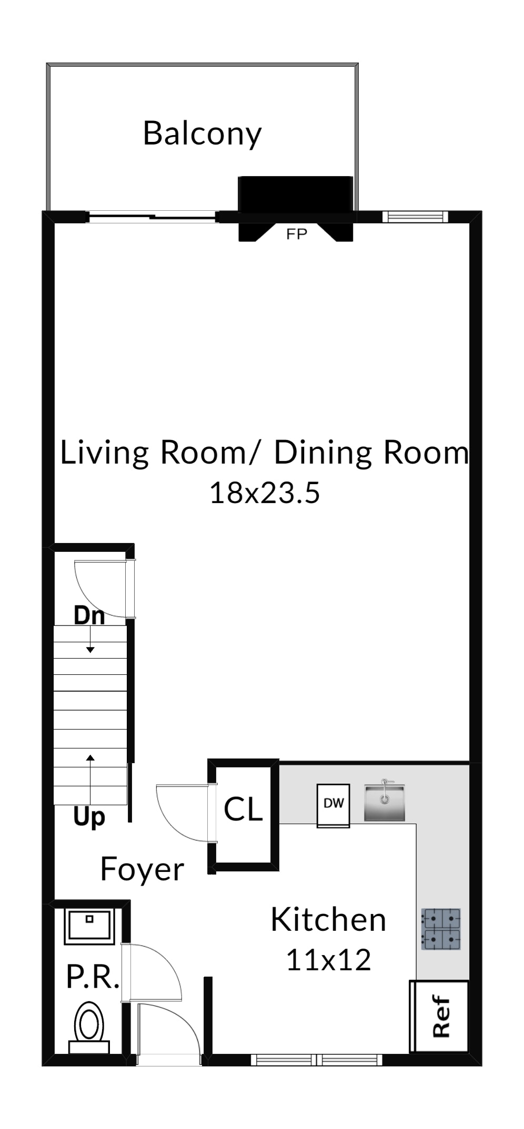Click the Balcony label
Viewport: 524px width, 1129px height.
pos(202,134)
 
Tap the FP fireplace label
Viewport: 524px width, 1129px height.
pos(296,234)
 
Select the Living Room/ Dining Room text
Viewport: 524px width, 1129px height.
pos(264,453)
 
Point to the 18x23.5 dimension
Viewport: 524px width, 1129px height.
pos(265,493)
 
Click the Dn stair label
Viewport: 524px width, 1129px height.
pos(89,615)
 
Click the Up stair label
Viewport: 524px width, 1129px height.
pos(89,817)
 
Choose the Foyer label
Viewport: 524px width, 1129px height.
pos(142,869)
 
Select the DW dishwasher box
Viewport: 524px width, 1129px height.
pos(334,806)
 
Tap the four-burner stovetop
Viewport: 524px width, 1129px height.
pos(440,929)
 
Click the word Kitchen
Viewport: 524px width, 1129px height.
pos(328,919)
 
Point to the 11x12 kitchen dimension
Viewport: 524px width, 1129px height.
pos(328,959)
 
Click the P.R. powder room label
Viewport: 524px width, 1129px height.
pos(93,977)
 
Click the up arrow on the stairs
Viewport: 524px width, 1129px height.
pos(90,780)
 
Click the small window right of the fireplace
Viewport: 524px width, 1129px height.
pos(415,216)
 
